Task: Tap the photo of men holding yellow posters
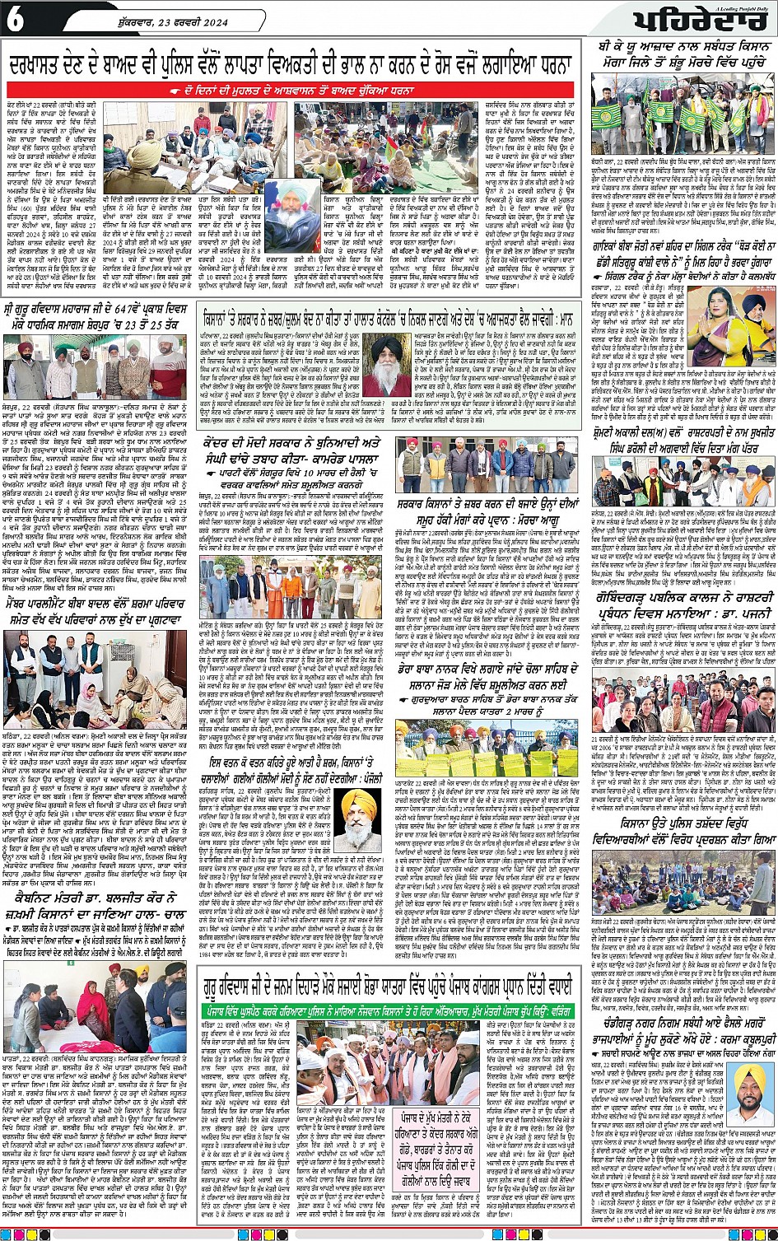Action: point(489,747)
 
